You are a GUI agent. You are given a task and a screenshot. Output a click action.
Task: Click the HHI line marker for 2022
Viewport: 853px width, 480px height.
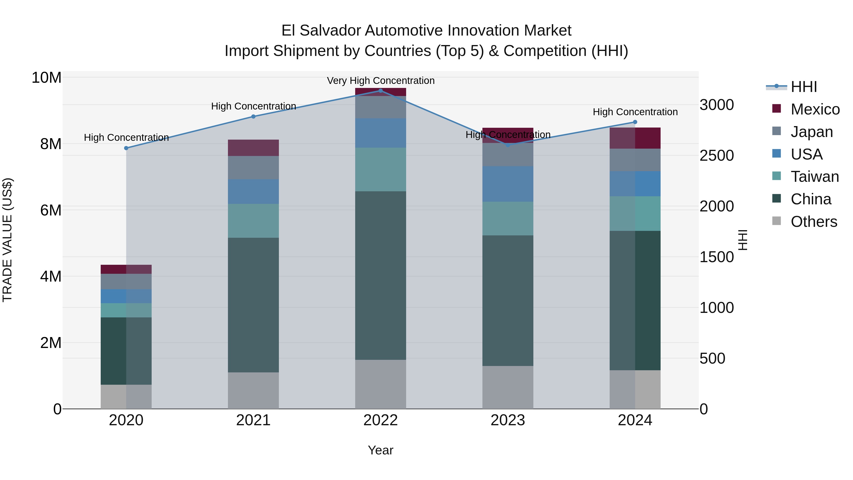[x=381, y=91]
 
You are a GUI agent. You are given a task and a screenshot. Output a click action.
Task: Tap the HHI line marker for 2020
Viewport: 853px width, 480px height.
[x=126, y=148]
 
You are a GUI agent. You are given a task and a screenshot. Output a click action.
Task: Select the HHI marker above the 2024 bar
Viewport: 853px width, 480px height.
[x=635, y=122]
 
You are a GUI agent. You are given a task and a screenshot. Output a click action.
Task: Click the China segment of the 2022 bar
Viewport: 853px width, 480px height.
[x=381, y=275]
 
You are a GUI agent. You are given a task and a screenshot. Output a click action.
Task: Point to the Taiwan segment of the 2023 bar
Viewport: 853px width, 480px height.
[x=508, y=218]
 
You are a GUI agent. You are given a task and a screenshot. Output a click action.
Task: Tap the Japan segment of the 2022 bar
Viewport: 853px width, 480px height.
[x=381, y=107]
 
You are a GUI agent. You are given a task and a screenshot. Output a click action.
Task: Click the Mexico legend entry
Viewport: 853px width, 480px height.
[x=815, y=109]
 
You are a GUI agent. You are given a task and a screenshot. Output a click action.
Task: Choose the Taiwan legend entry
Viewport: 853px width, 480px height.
[x=815, y=177]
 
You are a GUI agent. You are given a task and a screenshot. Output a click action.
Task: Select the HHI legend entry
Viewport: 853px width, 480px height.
[x=804, y=87]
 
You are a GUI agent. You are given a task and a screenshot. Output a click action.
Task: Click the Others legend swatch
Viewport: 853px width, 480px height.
[x=776, y=221]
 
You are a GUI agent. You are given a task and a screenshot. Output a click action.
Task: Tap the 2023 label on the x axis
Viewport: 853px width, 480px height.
[x=508, y=420]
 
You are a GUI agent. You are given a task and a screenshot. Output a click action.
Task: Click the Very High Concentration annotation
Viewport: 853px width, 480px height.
[x=381, y=81]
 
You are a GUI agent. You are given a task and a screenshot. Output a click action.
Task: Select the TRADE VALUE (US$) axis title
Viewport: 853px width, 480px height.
[x=7, y=240]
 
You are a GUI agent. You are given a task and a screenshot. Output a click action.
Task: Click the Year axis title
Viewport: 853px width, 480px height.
[x=381, y=450]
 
